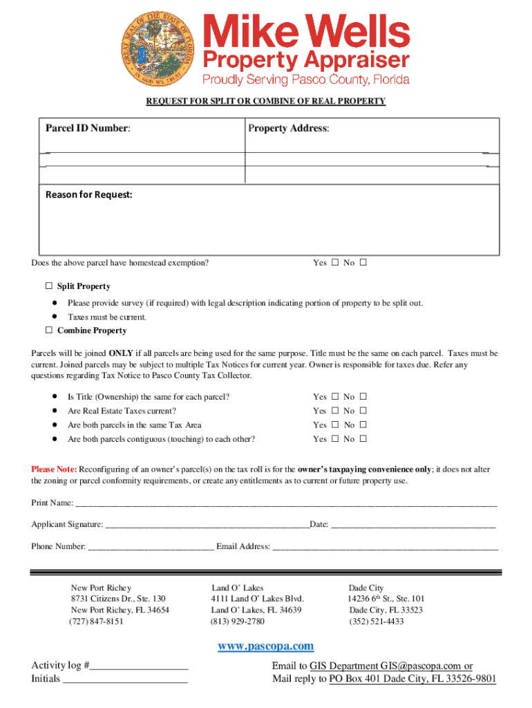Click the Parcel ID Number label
click(88, 129)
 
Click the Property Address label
click(289, 129)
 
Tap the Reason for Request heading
click(88, 195)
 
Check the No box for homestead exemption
click(363, 263)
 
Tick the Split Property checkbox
click(49, 286)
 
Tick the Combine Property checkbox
click(49, 330)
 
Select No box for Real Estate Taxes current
click(363, 411)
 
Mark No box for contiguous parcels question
click(363, 439)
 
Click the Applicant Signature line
click(207, 525)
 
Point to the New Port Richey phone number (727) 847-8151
click(96, 622)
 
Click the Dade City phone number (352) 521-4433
click(377, 622)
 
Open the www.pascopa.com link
click(266, 646)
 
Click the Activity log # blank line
click(140, 666)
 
